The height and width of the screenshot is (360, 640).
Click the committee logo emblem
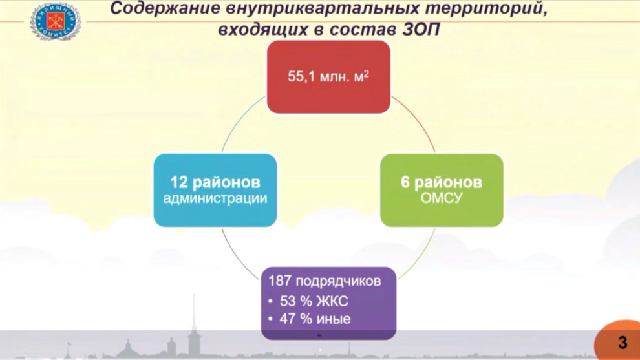(x=56, y=21)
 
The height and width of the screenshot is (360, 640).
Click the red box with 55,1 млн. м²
(x=328, y=77)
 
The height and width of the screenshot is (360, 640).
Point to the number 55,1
(x=301, y=76)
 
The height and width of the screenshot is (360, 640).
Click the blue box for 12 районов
(x=215, y=190)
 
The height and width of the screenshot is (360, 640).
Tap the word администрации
(x=215, y=199)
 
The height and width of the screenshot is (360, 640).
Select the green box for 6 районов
(x=442, y=190)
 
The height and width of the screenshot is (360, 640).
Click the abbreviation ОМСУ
(x=442, y=198)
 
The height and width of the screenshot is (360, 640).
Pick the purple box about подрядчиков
(x=328, y=303)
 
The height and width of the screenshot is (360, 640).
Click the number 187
(x=280, y=281)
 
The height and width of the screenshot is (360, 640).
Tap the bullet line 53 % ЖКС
(x=309, y=301)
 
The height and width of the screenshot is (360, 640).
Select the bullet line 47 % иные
(x=310, y=319)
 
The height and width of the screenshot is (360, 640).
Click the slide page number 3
(x=623, y=343)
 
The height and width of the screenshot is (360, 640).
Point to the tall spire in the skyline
(x=195, y=323)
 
